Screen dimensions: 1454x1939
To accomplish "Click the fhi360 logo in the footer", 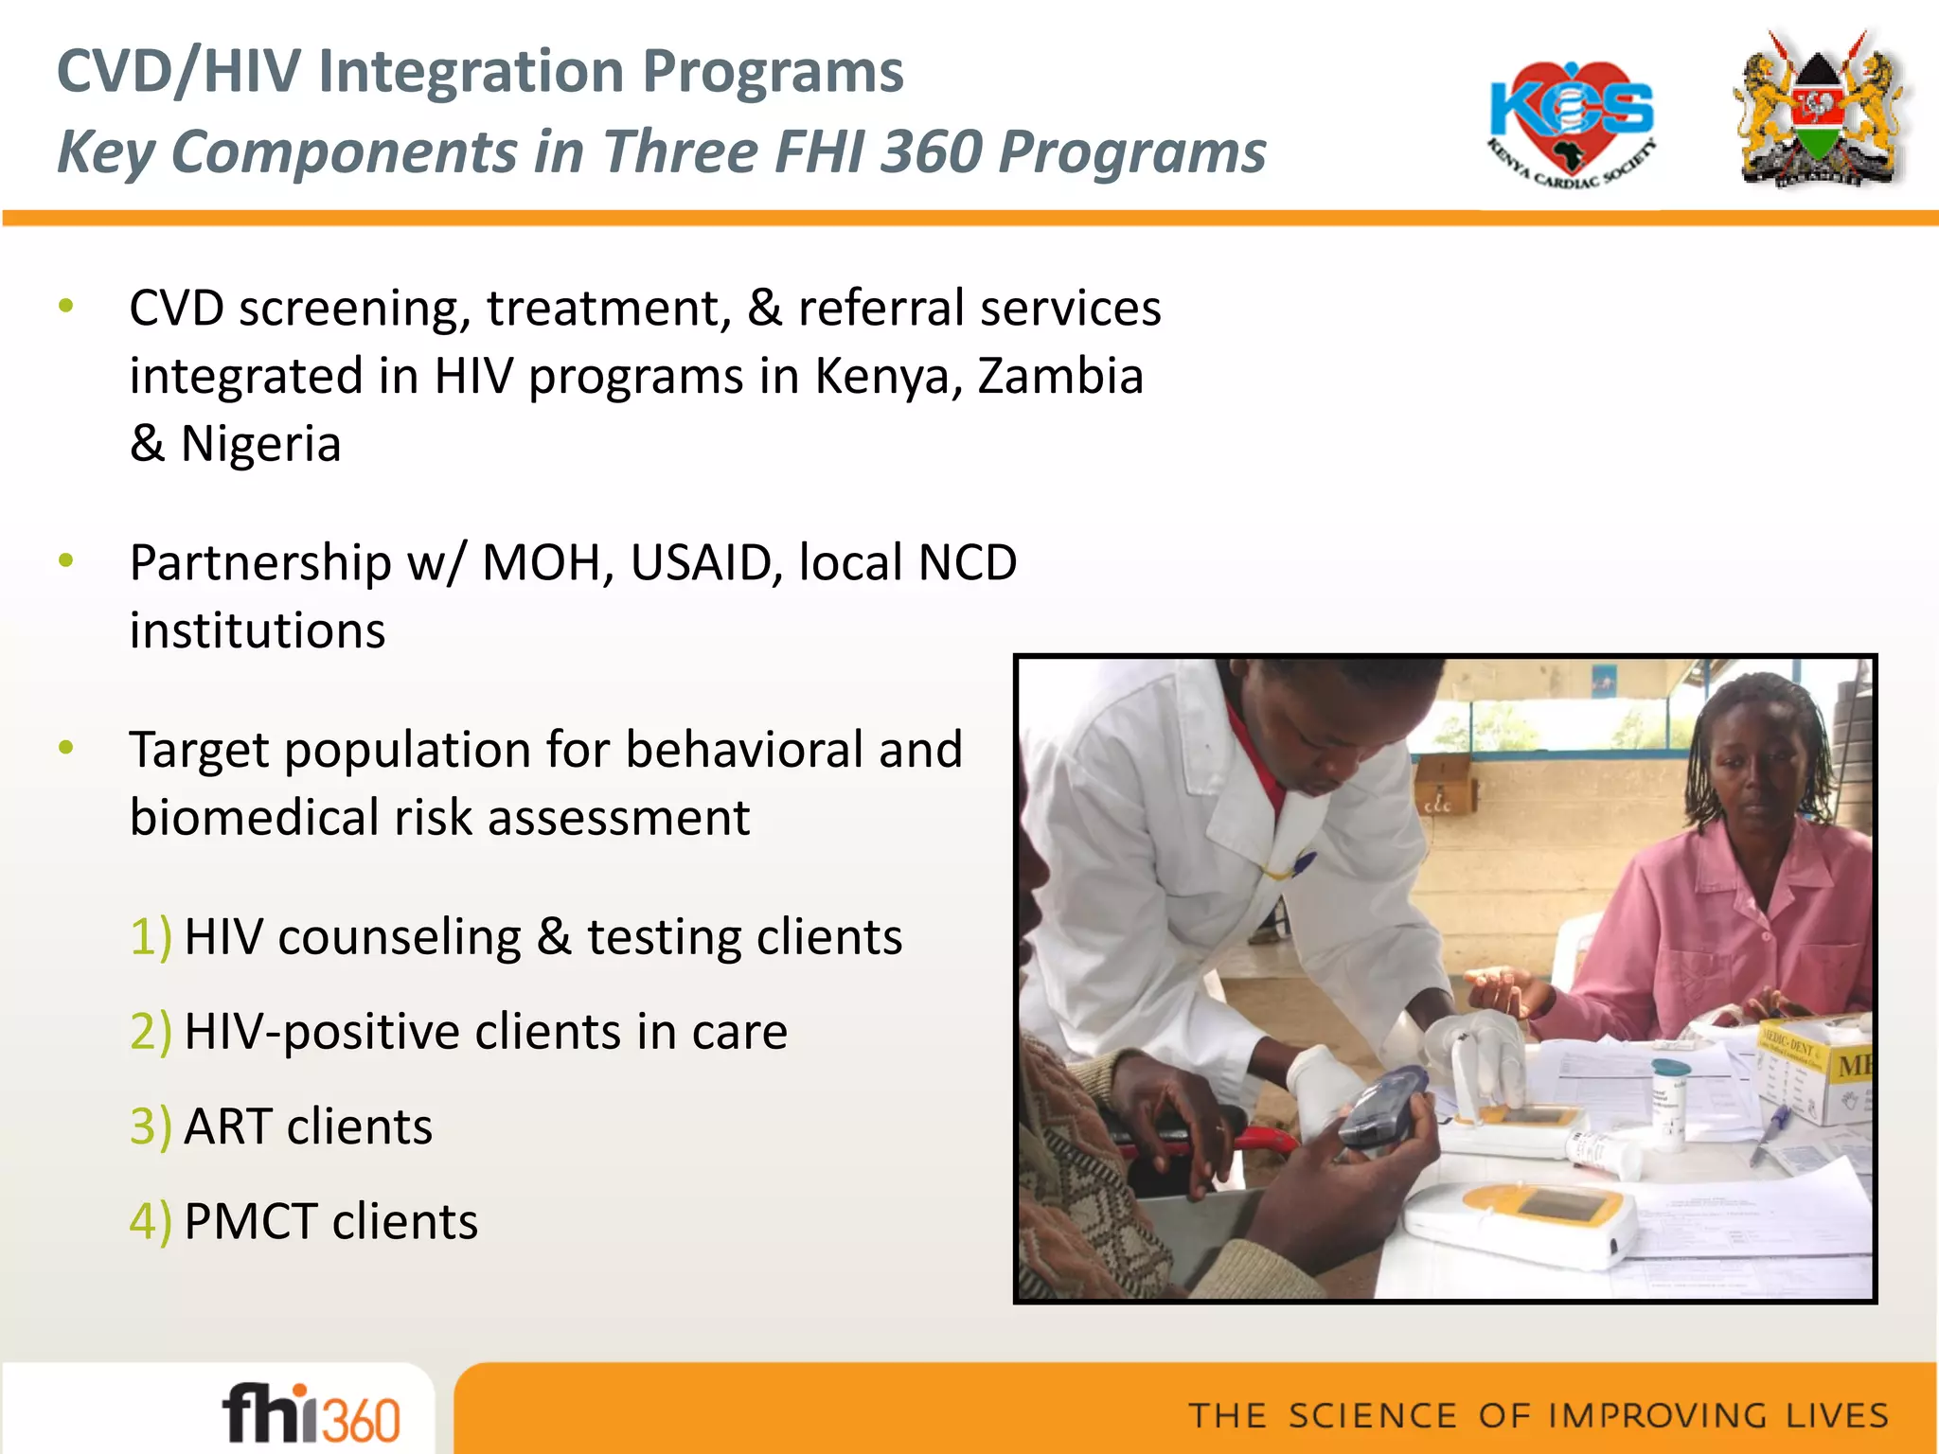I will click(x=311, y=1413).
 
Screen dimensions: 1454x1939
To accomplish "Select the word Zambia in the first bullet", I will click(x=1060, y=376).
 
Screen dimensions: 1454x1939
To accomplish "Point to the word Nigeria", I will click(x=260, y=444).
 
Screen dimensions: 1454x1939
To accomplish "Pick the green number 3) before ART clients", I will click(x=151, y=1126).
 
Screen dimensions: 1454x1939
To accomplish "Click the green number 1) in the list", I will click(x=151, y=937).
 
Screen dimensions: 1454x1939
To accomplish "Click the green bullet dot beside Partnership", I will click(x=65, y=560).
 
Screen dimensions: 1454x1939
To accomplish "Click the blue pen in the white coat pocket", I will click(x=1302, y=863).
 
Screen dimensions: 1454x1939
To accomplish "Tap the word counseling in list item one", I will click(x=399, y=937).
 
